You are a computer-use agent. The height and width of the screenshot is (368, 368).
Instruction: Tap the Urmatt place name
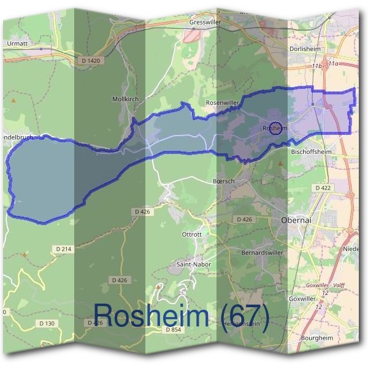pos(18,44)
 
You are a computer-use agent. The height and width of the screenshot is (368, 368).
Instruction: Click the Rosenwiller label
pos(222,102)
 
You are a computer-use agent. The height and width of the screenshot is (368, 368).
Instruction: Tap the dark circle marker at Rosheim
pos(276,128)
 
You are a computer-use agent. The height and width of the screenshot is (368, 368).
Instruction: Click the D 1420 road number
pos(90,60)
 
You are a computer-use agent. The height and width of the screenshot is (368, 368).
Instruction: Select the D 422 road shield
pos(323,188)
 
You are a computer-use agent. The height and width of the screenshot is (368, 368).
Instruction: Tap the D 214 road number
pos(64,248)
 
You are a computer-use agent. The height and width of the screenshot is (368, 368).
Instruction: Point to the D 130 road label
pos(47,323)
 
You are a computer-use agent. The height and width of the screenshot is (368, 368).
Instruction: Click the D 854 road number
pos(174,329)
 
